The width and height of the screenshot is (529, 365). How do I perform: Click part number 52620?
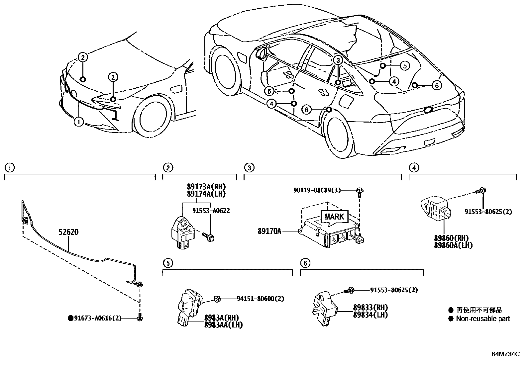[x=69, y=232]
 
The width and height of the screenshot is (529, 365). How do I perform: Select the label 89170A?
[x=269, y=231]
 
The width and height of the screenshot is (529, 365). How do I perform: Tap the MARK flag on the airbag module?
[x=335, y=217]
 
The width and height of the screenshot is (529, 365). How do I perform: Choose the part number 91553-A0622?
[x=211, y=211]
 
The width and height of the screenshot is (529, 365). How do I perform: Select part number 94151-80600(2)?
[x=260, y=299]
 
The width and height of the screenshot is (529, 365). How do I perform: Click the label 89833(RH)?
[x=370, y=308]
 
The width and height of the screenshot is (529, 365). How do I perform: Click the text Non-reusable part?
[x=482, y=319]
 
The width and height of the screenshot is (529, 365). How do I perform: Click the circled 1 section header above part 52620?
[x=10, y=168]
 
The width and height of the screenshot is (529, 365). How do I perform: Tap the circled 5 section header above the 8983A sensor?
[x=168, y=263]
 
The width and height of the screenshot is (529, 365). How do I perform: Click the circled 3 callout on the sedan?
[x=338, y=60]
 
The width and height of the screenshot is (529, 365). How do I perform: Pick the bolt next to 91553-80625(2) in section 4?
[x=480, y=191]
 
